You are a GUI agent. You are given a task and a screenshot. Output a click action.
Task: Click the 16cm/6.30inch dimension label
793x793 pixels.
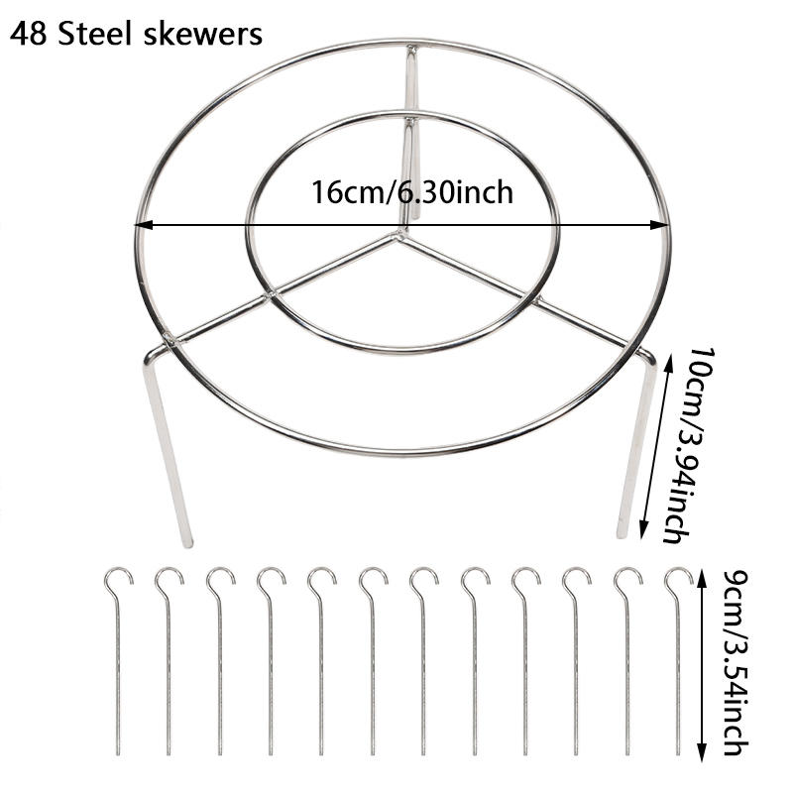click(x=412, y=192)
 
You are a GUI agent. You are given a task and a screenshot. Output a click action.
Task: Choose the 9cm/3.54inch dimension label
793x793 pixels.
click(x=735, y=662)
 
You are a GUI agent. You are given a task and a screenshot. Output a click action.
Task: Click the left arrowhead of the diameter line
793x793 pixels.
click(x=144, y=225)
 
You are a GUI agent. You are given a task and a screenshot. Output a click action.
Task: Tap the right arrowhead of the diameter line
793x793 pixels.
click(x=660, y=225)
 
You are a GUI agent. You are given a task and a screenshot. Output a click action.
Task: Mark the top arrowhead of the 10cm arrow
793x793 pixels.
click(x=669, y=363)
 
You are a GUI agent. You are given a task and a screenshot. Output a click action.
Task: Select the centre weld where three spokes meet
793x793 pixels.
click(x=399, y=235)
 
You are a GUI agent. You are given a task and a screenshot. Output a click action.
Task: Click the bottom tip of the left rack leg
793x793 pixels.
click(x=187, y=544)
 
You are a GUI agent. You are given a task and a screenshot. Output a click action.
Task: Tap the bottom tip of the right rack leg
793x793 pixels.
click(x=622, y=534)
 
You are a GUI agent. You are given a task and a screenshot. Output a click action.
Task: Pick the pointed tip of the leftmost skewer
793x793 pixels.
click(x=118, y=753)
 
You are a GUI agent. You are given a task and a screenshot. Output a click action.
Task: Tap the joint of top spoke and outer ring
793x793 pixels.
click(x=411, y=49)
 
